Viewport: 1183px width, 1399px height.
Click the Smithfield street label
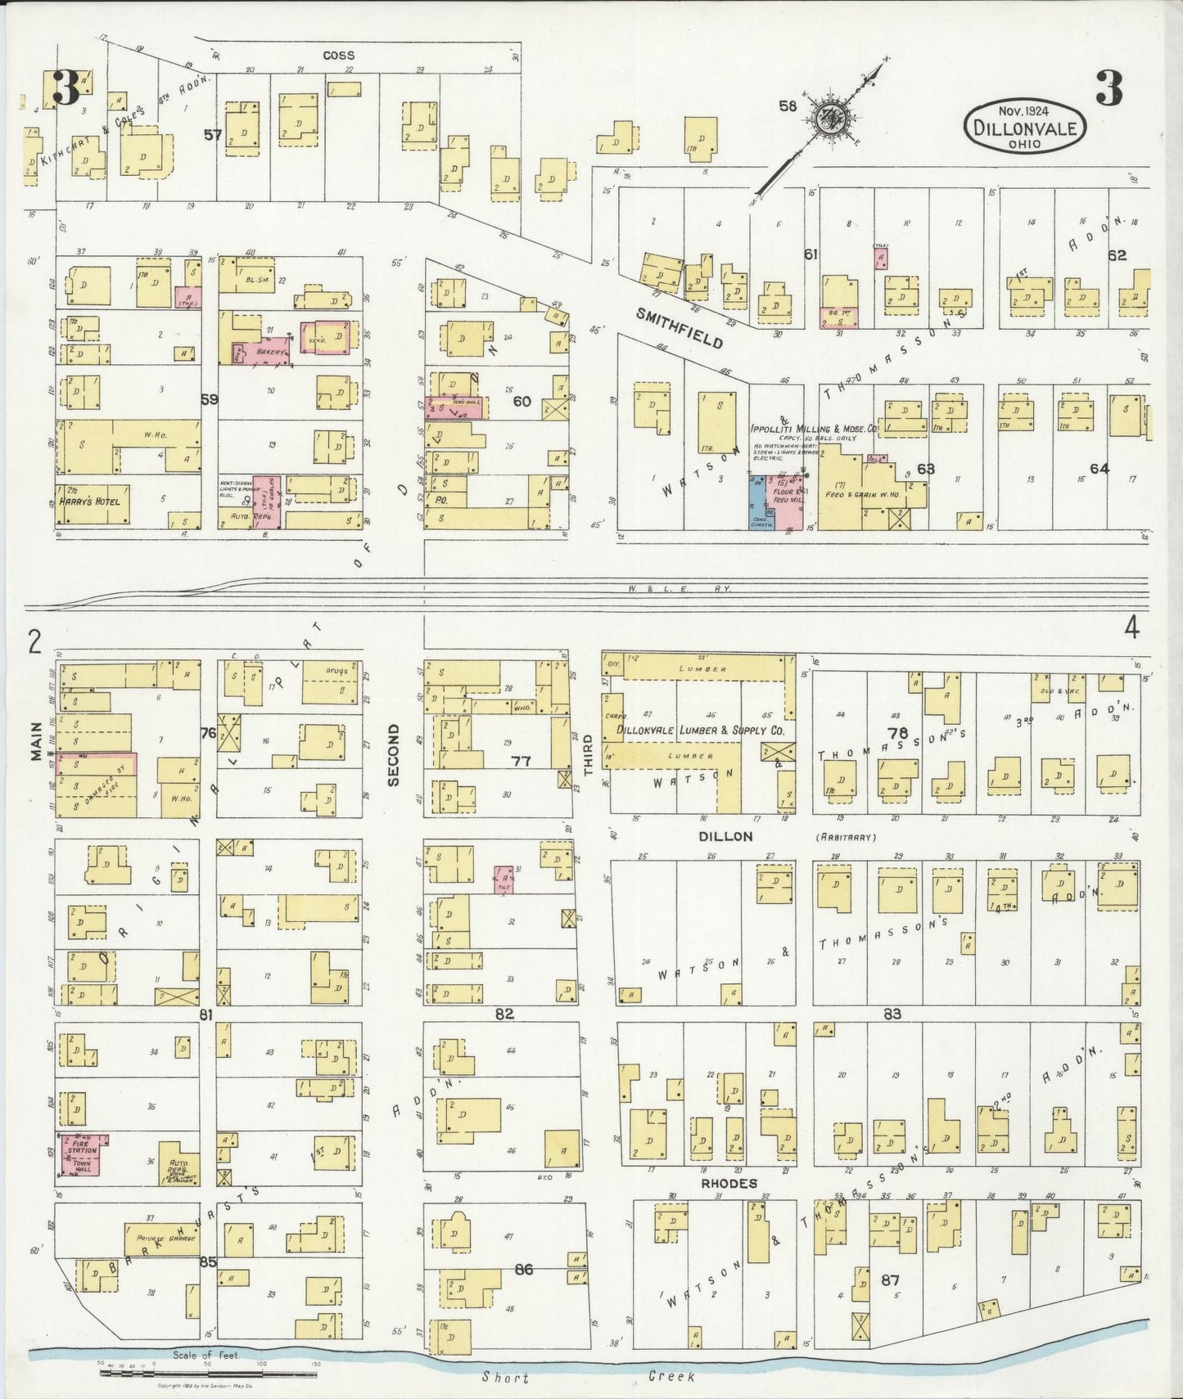click(x=680, y=328)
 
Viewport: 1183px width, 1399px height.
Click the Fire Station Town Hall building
click(x=83, y=1154)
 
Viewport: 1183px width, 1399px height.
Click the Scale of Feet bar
click(x=208, y=1373)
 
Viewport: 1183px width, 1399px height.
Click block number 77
click(x=521, y=761)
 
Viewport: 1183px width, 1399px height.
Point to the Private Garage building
click(x=162, y=1239)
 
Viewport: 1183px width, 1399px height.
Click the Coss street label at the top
click(x=338, y=55)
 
